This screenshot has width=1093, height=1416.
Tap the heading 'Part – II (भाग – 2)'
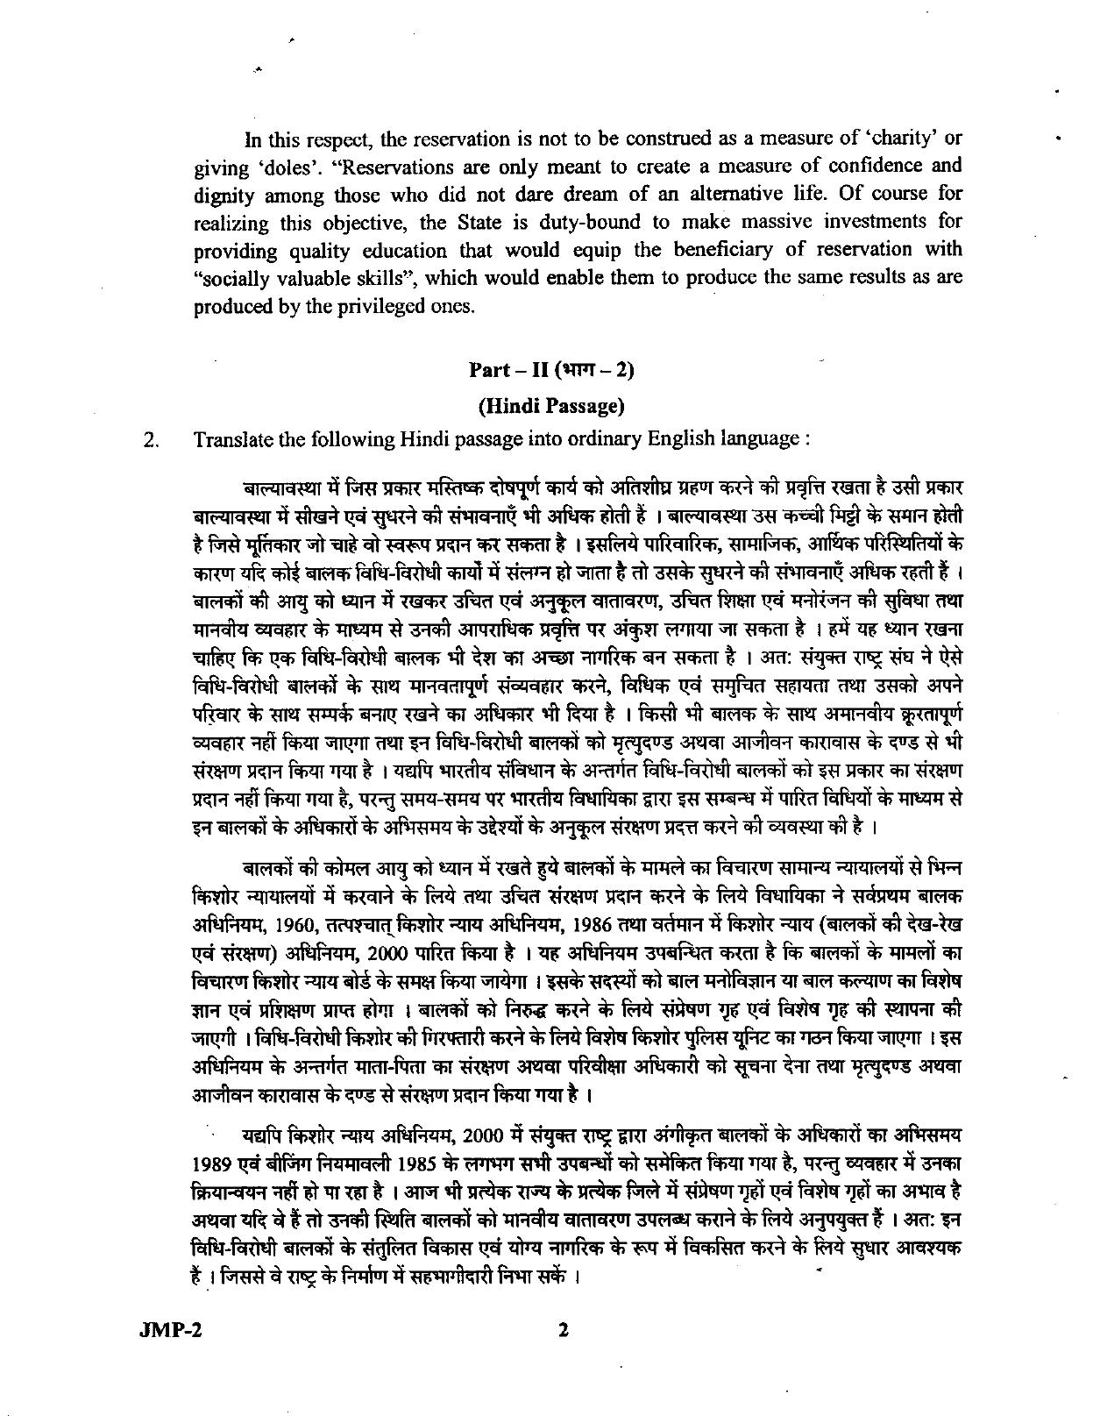pos(551,369)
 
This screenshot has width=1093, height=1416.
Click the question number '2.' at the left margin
pos(150,439)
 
